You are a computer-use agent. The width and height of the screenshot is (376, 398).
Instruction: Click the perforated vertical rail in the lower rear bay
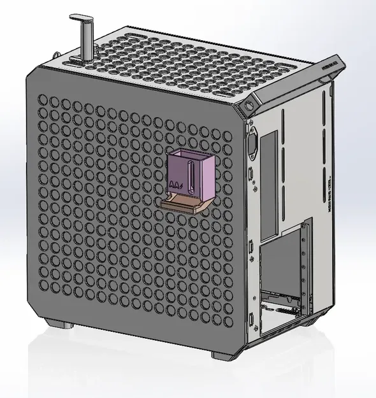point(308,267)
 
